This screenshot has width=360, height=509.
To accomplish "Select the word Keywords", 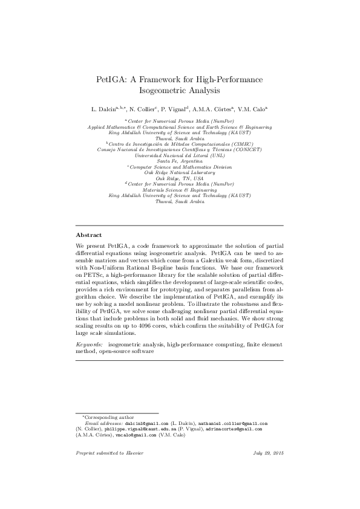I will point(89,343).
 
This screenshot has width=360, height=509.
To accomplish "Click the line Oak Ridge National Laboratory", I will point(180,172).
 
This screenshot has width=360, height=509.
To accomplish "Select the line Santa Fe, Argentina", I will point(180,161).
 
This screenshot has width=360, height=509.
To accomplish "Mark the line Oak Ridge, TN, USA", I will point(180,178).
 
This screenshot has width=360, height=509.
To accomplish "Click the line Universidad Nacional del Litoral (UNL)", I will point(180,155).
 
